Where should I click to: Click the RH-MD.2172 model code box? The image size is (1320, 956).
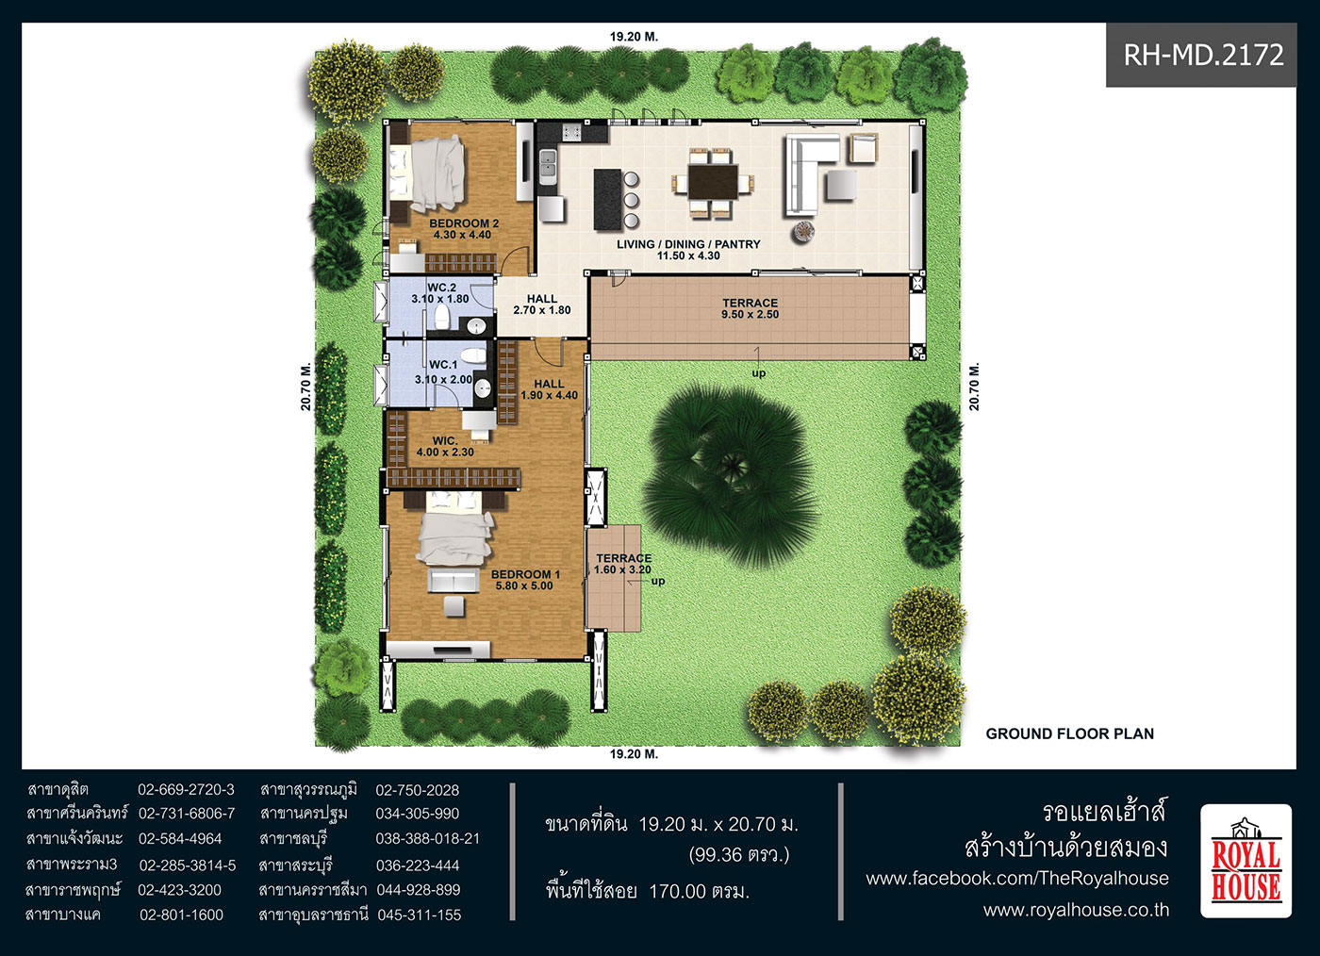[1201, 55]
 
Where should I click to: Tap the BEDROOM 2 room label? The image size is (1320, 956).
[464, 229]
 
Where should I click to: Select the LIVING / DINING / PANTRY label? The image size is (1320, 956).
[688, 249]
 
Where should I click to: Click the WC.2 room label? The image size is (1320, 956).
[441, 293]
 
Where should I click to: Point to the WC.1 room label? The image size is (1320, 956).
[443, 371]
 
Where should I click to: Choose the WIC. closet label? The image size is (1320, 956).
[445, 446]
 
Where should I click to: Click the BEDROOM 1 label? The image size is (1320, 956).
[525, 580]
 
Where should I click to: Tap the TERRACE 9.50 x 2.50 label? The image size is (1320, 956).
[751, 308]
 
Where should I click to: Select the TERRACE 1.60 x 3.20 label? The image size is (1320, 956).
[623, 564]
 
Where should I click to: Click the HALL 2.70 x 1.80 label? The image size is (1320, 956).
[541, 305]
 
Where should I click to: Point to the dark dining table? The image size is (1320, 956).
[713, 182]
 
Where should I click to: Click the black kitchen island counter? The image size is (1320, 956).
[607, 199]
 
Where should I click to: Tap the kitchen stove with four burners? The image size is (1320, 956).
[571, 132]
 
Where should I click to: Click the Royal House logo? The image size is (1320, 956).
[1246, 861]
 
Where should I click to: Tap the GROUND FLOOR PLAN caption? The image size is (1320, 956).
[1070, 733]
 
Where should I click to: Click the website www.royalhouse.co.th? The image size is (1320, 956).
[1076, 910]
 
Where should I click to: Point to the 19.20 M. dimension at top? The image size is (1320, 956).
[634, 37]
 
